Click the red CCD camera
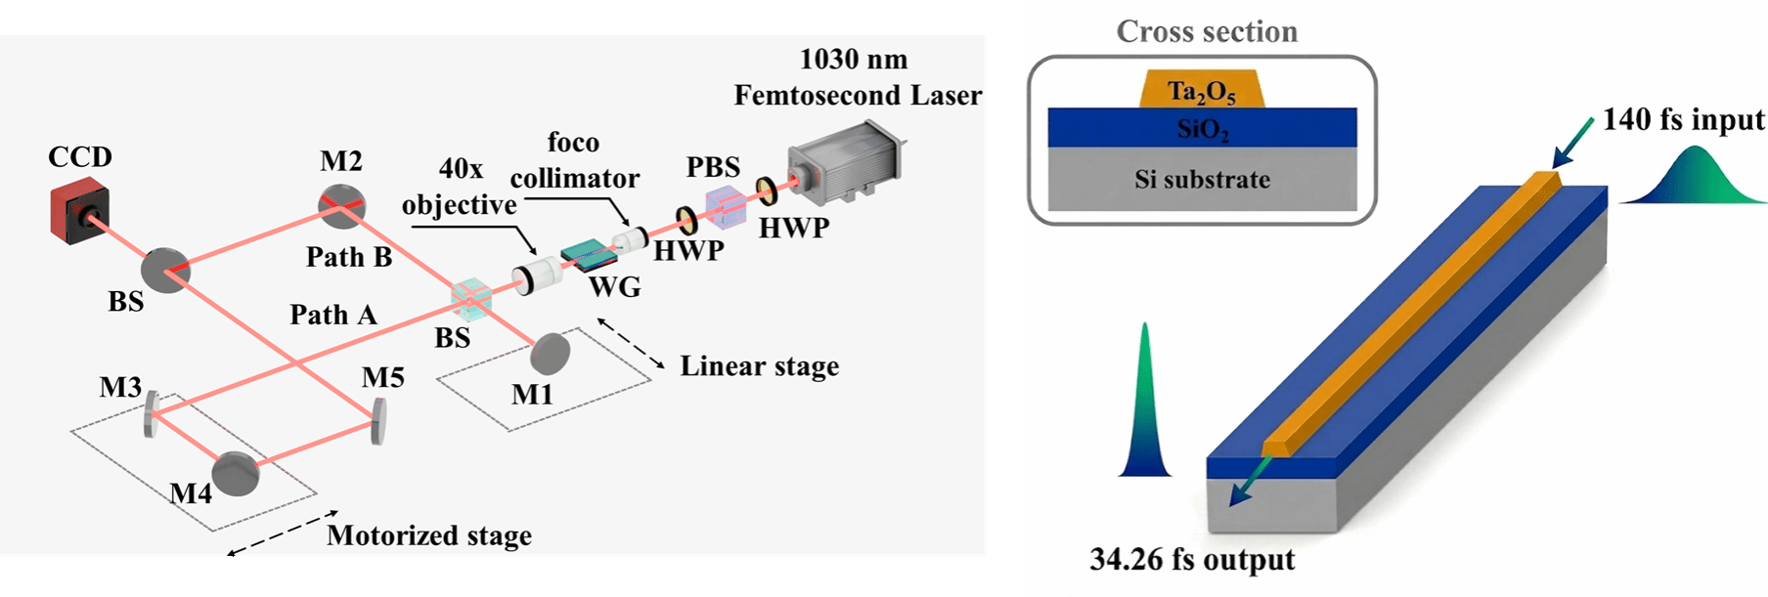[x=79, y=215]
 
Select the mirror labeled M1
[x=551, y=353]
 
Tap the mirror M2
[x=341, y=207]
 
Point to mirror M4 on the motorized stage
[x=236, y=473]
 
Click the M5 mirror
[x=377, y=419]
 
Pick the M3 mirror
[x=152, y=413]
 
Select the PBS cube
[x=726, y=207]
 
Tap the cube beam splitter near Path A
[x=470, y=301]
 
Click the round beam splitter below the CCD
[x=165, y=271]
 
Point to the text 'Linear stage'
[x=759, y=366]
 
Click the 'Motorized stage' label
[x=428, y=535]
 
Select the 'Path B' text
[x=349, y=257]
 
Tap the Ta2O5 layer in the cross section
[x=1202, y=92]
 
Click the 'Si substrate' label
[x=1202, y=180]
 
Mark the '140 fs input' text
[x=1683, y=120]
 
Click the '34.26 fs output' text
[x=1192, y=560]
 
